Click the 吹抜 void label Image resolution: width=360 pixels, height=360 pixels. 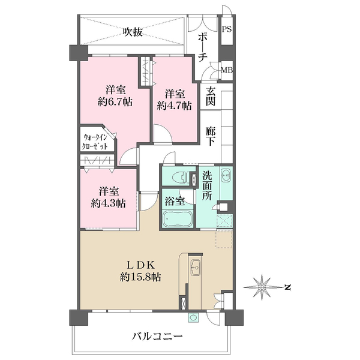pyautogui.click(x=132, y=32)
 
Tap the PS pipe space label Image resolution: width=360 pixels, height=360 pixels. pyautogui.click(x=227, y=29)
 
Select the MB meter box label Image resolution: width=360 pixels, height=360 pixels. pyautogui.click(x=227, y=70)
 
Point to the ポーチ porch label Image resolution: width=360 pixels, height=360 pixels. pyautogui.click(x=203, y=47)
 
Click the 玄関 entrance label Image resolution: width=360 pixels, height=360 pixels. pyautogui.click(x=211, y=97)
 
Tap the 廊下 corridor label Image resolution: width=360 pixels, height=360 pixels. pyautogui.click(x=211, y=136)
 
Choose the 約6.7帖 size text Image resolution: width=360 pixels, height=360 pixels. pyautogui.click(x=115, y=101)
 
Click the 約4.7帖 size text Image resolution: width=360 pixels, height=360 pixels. pyautogui.click(x=175, y=106)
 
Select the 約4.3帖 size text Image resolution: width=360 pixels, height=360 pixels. pyautogui.click(x=109, y=203)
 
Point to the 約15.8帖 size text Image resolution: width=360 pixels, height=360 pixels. pyautogui.click(x=140, y=277)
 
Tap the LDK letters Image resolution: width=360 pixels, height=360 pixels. pyautogui.click(x=140, y=266)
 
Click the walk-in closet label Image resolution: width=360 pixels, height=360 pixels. pyautogui.click(x=95, y=142)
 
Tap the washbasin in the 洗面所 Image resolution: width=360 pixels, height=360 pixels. pyautogui.click(x=226, y=176)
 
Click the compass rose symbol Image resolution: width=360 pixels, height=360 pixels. pyautogui.click(x=262, y=287)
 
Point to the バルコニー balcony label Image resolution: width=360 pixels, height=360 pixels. pyautogui.click(x=157, y=337)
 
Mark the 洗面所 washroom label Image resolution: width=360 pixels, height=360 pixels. pyautogui.click(x=207, y=186)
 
